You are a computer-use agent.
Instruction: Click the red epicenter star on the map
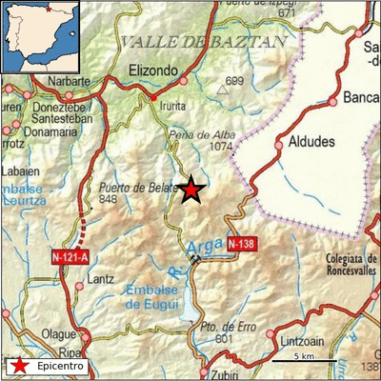pos(191,190)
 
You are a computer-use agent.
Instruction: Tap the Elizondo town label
pos(153,70)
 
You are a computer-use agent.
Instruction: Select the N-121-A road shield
pos(70,255)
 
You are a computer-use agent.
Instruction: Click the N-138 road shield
pos(243,245)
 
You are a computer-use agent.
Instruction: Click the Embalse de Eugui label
pos(157,295)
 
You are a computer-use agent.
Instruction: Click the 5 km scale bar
pos(304,361)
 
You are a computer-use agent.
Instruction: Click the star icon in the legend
pos(17,366)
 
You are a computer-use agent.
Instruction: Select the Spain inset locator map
pos(39,37)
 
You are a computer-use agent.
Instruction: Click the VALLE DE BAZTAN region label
pos(204,42)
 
